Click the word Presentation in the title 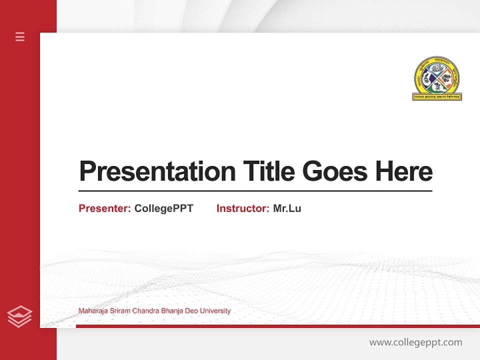tap(157, 171)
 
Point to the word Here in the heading tap(404, 171)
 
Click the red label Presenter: tap(104, 208)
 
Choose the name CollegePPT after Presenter tap(163, 208)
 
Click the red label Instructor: tap(242, 208)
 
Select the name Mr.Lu tap(287, 208)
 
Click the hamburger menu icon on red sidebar tap(20, 36)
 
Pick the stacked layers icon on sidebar tap(19, 316)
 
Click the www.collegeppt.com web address tap(415, 342)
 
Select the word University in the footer tap(215, 311)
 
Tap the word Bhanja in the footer tap(171, 311)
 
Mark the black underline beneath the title tap(255, 190)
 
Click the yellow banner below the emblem tap(436, 96)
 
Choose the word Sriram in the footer tap(119, 311)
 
